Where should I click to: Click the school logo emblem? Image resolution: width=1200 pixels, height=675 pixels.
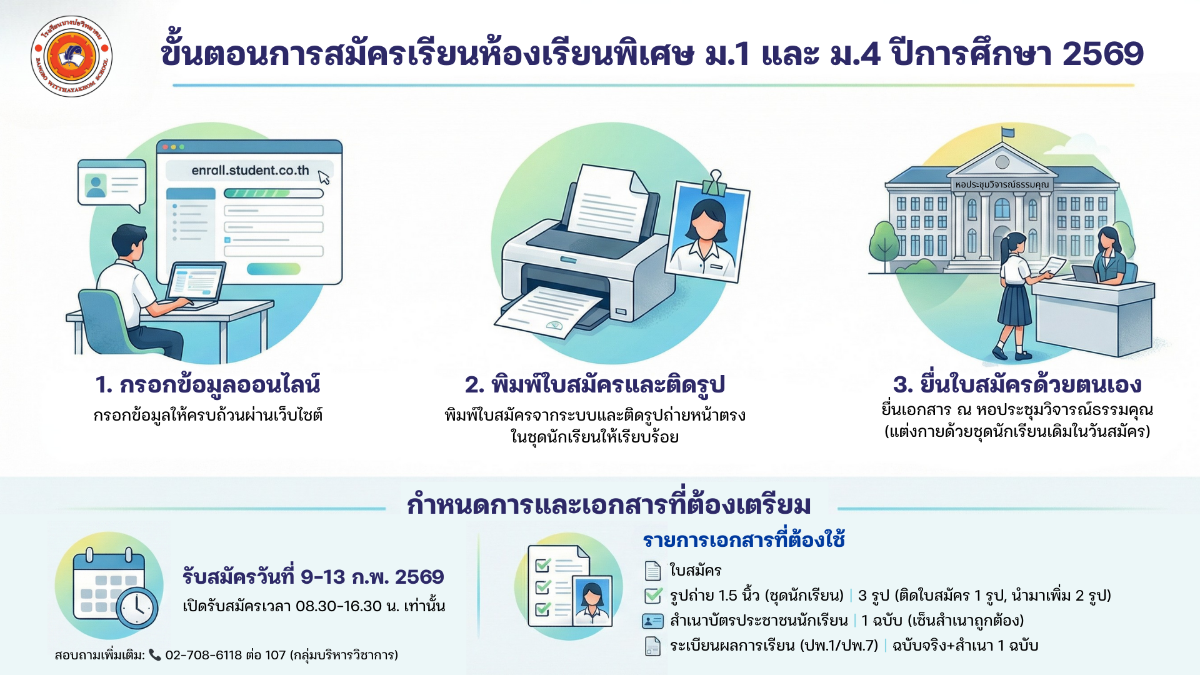[71, 56]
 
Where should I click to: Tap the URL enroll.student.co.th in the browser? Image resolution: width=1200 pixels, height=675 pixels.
[250, 170]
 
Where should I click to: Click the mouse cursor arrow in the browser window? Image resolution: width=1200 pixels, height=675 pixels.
[324, 177]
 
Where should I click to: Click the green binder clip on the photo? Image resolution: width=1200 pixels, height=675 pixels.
[712, 183]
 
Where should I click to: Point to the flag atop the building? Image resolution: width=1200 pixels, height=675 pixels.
[1007, 132]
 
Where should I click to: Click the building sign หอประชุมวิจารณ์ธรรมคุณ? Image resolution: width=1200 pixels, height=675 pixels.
[1002, 184]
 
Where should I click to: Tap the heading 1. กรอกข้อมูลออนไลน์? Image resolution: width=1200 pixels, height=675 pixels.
[207, 385]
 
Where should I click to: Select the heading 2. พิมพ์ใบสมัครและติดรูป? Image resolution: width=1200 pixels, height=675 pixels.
[594, 385]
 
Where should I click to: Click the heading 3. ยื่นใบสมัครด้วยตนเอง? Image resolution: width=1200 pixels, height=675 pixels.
[1017, 384]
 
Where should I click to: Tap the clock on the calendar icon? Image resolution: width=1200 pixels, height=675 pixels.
[137, 607]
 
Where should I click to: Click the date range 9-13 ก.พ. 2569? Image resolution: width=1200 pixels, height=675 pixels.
[372, 576]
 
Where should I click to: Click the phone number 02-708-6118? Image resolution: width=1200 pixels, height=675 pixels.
[204, 655]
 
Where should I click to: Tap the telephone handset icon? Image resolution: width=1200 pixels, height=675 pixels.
[155, 655]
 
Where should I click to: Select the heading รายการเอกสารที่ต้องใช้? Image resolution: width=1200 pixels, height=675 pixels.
[744, 539]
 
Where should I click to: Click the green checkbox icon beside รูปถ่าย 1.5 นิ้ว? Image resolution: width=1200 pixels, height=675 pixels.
[653, 596]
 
